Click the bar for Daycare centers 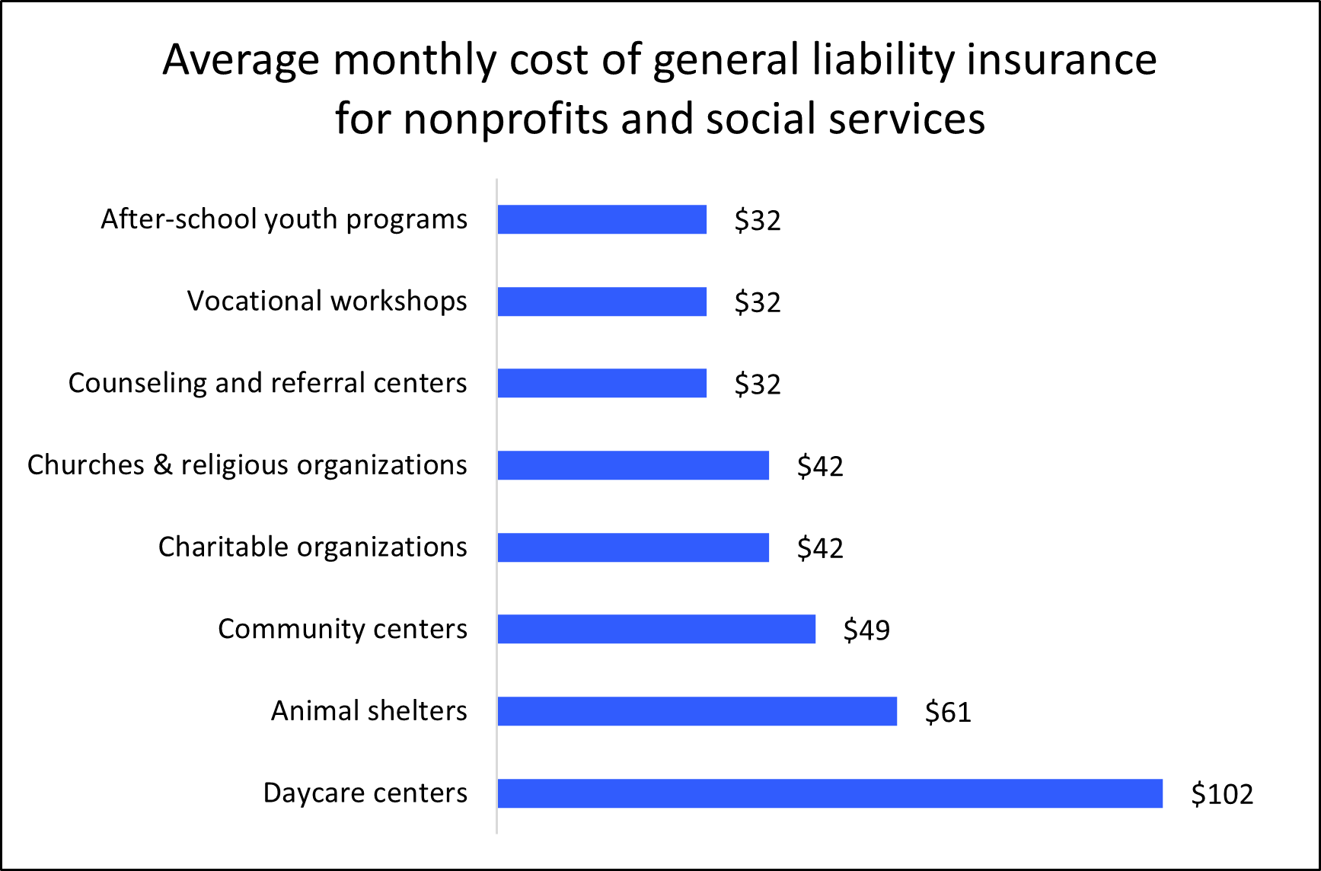(x=830, y=793)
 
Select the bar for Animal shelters (x=697, y=711)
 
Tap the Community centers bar (x=656, y=629)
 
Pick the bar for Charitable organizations (x=633, y=547)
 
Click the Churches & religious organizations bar (x=633, y=465)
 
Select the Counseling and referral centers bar (x=601, y=383)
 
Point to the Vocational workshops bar (x=601, y=301)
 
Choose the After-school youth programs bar (x=601, y=219)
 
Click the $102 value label (x=1221, y=794)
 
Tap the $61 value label (x=948, y=712)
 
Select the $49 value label (x=866, y=630)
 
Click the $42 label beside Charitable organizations (x=820, y=548)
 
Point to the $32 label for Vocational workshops (x=758, y=302)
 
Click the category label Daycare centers (x=365, y=793)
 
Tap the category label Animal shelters (x=369, y=710)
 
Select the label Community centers (x=342, y=629)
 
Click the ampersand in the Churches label (x=162, y=464)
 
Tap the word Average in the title (x=241, y=59)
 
